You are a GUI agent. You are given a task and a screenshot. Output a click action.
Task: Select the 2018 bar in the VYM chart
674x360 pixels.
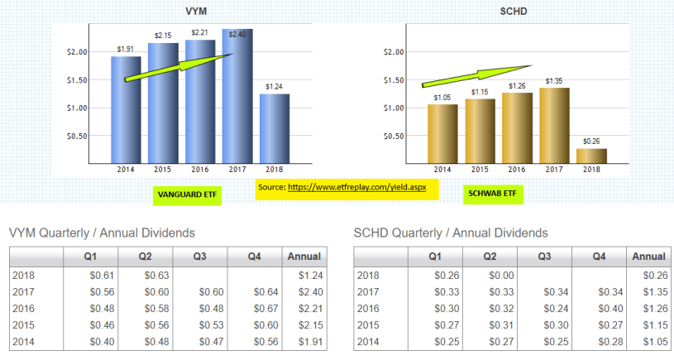[x=275, y=128]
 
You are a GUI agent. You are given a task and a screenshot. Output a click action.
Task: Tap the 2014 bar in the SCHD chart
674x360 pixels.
[x=442, y=132]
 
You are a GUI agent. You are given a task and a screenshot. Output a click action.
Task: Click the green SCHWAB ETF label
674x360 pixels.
[x=494, y=195]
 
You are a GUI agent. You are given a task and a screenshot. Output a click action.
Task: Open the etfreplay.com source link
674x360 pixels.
[x=356, y=188]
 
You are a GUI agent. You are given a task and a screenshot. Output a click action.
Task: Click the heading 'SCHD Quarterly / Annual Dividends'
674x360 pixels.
[x=450, y=233]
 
